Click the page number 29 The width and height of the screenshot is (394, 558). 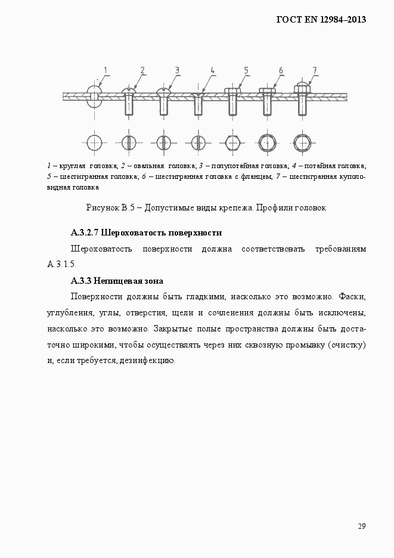click(361, 526)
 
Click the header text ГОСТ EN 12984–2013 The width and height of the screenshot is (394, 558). click(321, 19)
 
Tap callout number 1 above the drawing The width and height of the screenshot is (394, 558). click(105, 70)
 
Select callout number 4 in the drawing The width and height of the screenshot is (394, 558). click(212, 70)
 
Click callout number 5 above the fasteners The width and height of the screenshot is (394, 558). click(246, 70)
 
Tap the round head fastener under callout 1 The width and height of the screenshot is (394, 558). click(94, 95)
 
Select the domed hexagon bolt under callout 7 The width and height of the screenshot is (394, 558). click(302, 98)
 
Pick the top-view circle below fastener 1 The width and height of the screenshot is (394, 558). click(94, 142)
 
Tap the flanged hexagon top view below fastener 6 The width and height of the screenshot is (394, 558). click(267, 142)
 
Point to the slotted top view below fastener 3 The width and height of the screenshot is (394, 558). click(163, 142)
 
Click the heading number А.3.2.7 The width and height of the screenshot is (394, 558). click(85, 232)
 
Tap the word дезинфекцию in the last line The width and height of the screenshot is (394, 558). click(146, 361)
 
